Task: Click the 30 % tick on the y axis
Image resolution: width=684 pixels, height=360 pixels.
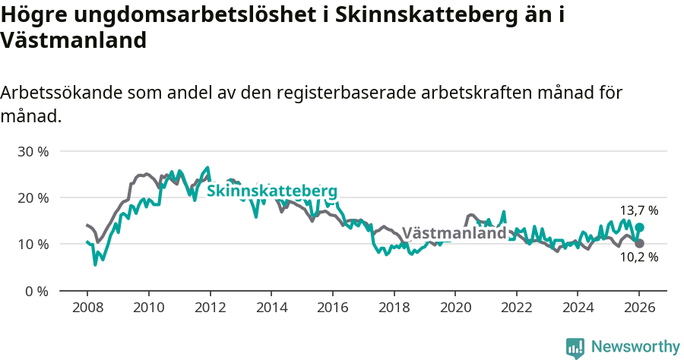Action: pos(33,151)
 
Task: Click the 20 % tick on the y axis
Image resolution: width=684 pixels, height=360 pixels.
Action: pos(33,197)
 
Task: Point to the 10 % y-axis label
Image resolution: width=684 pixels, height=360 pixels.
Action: pos(33,244)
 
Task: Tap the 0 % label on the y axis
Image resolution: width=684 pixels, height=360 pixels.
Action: pos(36,291)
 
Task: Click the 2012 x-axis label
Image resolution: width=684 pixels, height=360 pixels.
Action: pos(209,308)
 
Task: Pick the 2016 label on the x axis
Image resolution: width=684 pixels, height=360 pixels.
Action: pos(332,308)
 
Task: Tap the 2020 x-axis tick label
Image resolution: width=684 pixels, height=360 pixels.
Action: pos(454,308)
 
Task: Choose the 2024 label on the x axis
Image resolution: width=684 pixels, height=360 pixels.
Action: pos(577,308)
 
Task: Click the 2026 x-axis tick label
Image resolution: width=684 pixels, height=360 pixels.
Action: pos(638,308)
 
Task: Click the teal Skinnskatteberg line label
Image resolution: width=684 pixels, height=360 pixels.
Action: pos(272,190)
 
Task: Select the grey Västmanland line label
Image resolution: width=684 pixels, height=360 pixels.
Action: pos(454,233)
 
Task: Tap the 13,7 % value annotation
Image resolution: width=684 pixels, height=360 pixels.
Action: pos(638,210)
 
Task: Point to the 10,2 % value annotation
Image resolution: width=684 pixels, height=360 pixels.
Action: pos(638,257)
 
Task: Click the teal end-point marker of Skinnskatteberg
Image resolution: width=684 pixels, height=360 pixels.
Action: pos(639,227)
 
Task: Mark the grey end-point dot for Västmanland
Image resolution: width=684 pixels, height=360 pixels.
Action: pos(639,243)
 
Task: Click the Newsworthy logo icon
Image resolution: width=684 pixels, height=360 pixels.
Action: pos(575,347)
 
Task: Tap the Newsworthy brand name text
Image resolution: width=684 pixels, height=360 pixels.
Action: pos(635,347)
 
